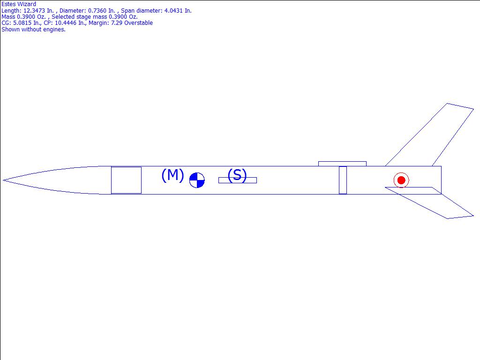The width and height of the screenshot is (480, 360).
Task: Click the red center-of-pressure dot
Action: point(401,180)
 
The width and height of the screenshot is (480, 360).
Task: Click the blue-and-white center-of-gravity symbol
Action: point(197,180)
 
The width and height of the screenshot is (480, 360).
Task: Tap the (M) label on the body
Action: point(172,175)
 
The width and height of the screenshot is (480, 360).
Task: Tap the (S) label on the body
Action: point(237,175)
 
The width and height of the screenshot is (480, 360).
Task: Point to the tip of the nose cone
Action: point(3,180)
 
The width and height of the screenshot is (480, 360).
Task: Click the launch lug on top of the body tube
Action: point(342,164)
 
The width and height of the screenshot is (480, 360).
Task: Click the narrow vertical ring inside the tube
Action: point(343,180)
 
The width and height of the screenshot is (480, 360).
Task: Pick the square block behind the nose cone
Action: point(126,180)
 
